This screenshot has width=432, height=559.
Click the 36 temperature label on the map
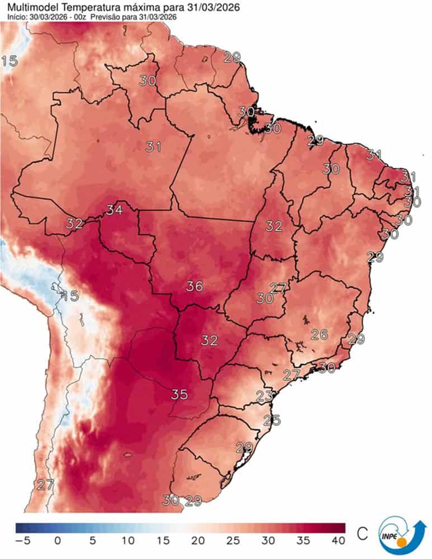click(x=194, y=286)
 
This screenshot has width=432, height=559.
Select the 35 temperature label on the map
click(x=179, y=394)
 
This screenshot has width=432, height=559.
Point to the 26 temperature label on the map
click(x=319, y=334)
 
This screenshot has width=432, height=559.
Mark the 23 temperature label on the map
click(x=264, y=396)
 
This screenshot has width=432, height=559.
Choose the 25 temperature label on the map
click(x=272, y=420)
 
